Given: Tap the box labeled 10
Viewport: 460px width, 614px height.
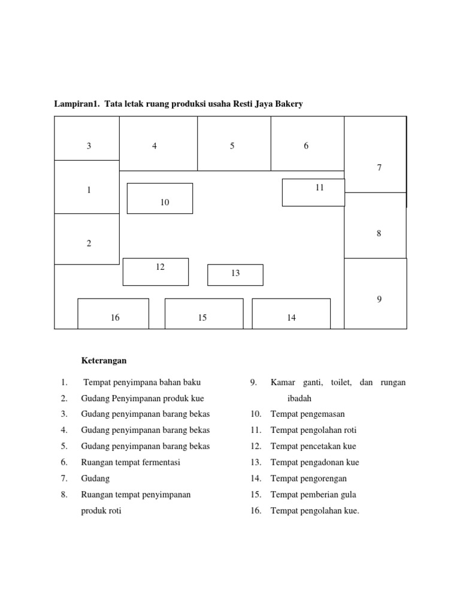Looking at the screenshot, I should (160, 198).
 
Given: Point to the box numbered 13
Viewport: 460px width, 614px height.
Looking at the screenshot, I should (235, 275).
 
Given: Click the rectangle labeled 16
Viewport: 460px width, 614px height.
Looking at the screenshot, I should (113, 314).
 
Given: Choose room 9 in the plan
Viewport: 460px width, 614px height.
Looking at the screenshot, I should (376, 293).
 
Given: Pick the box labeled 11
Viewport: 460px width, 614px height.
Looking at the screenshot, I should (313, 192).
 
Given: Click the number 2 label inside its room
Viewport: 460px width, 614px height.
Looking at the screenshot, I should (89, 243).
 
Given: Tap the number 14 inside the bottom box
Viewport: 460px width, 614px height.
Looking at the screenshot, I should (291, 318).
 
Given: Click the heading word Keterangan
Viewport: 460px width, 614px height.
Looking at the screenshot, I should (104, 361).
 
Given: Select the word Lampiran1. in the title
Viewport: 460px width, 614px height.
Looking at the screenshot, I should (76, 104).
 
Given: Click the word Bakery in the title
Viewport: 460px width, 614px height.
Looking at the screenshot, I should (287, 104).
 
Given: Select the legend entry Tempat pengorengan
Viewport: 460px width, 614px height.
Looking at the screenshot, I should (308, 478).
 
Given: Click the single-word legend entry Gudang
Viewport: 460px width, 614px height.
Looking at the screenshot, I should (95, 478).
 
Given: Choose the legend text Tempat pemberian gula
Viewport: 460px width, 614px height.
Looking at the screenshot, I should (312, 495).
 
